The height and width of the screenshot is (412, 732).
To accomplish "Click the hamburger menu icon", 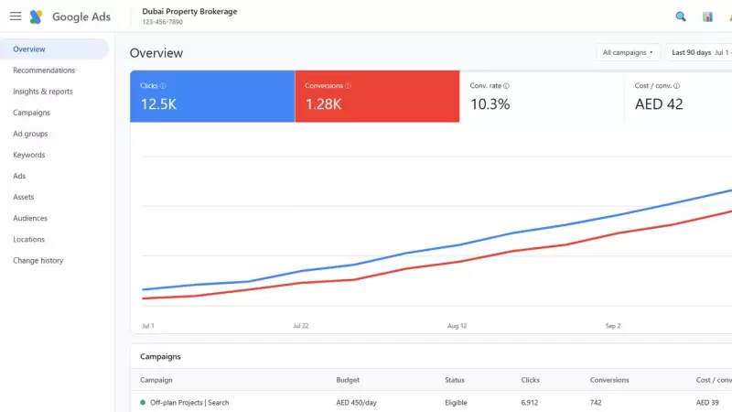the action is [x=16, y=16].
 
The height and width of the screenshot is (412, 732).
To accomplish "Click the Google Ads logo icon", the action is [x=36, y=16].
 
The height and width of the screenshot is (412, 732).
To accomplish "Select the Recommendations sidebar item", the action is [x=44, y=70].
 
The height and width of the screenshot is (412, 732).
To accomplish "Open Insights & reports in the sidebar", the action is [x=43, y=92].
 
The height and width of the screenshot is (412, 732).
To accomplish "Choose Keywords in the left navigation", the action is [x=29, y=155].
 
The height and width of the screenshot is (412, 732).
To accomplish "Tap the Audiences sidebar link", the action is [x=30, y=218].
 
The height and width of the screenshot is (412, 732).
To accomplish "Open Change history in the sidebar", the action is [x=38, y=261].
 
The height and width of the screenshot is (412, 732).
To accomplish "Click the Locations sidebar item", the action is [x=29, y=239].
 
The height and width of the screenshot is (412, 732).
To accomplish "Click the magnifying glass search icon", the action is [x=681, y=16].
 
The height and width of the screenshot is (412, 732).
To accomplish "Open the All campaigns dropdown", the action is [x=628, y=52].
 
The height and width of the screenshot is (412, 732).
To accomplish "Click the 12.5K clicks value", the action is [x=158, y=104].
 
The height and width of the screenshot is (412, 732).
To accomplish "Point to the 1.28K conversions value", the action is [x=324, y=104].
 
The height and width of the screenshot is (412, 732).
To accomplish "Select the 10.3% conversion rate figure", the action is [x=490, y=104].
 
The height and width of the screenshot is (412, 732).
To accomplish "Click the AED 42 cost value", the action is [x=659, y=104].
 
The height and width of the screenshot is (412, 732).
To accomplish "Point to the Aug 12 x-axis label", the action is [x=457, y=326].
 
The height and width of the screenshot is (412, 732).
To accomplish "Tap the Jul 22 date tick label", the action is [x=301, y=326].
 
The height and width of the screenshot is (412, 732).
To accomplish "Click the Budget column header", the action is [x=348, y=380].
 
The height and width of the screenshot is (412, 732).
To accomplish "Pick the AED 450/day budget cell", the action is [x=356, y=403].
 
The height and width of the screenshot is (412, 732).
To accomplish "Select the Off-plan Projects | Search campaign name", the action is [x=189, y=403].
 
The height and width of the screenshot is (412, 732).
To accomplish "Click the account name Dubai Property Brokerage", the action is [x=189, y=11].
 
